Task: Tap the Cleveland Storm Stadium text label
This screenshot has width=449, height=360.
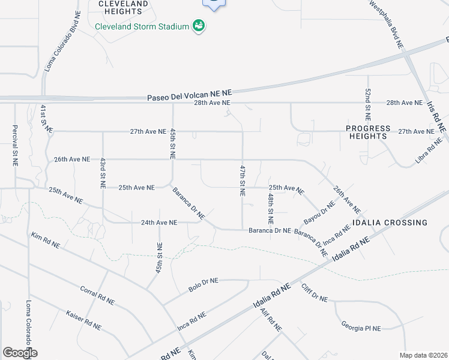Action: point(142,27)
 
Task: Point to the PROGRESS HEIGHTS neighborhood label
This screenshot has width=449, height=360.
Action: point(367,132)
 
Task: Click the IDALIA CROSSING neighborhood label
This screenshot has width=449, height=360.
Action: point(390,223)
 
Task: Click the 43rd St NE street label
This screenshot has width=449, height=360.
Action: point(103,174)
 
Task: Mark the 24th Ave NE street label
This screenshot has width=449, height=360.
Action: point(159,223)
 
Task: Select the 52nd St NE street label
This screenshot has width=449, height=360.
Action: point(368,104)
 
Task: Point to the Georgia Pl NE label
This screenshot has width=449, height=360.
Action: point(362,328)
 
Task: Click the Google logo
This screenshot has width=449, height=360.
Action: point(20,353)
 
